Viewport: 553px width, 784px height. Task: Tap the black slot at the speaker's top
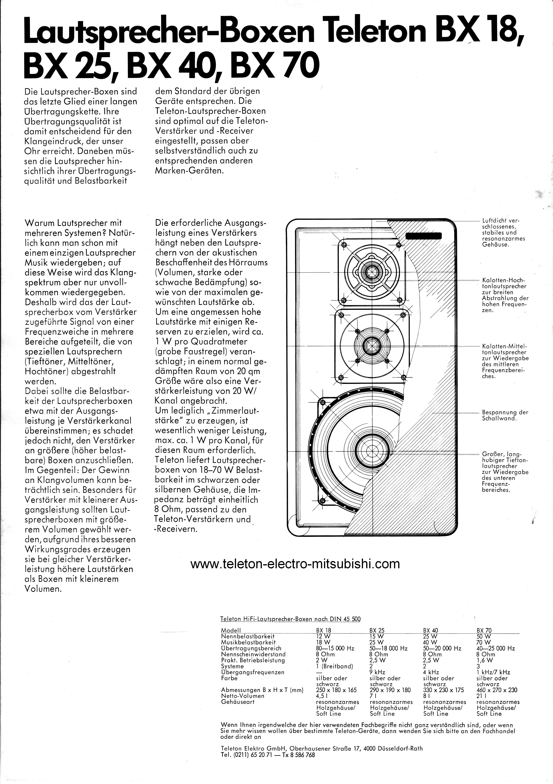pyautogui.click(x=424, y=235)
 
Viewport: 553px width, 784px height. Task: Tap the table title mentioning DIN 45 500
pyautogui.click(x=291, y=619)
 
